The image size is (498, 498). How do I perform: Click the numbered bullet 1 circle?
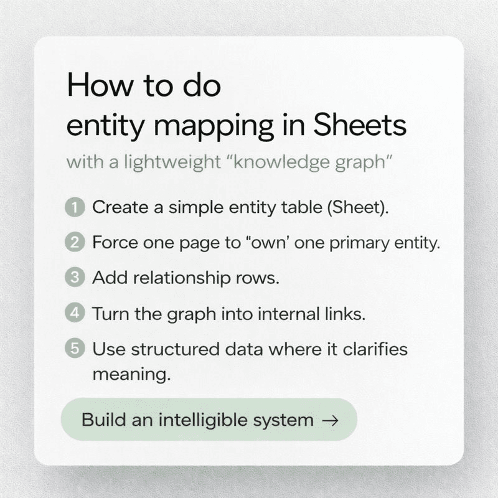click(75, 207)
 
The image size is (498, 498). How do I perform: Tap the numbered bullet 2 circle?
click(75, 242)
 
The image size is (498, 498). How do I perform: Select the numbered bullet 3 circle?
click(75, 277)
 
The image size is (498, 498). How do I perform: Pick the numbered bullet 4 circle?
click(75, 313)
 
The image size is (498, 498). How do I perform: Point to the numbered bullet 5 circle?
click(75, 349)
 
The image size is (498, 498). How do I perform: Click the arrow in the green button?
click(331, 421)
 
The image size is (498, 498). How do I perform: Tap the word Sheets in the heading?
click(360, 125)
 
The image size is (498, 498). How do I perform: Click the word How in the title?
click(100, 85)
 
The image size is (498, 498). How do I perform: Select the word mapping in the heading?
click(214, 127)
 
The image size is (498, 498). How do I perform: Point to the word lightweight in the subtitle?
click(172, 162)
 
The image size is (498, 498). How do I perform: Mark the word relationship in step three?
click(182, 278)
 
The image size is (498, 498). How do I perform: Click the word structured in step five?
click(175, 349)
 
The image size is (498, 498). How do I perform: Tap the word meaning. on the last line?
click(132, 375)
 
